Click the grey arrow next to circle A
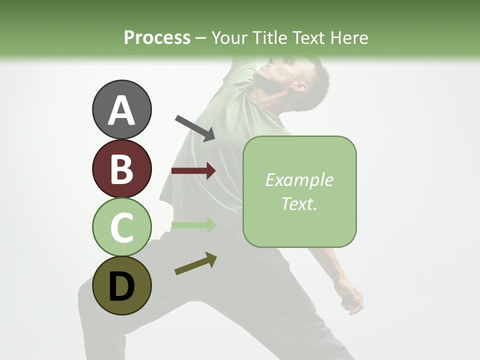195,127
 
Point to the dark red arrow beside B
193,171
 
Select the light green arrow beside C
193,225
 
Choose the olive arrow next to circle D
195,263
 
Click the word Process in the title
157,37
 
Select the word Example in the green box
299,180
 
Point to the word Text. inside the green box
299,203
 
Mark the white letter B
122,169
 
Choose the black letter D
122,286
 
